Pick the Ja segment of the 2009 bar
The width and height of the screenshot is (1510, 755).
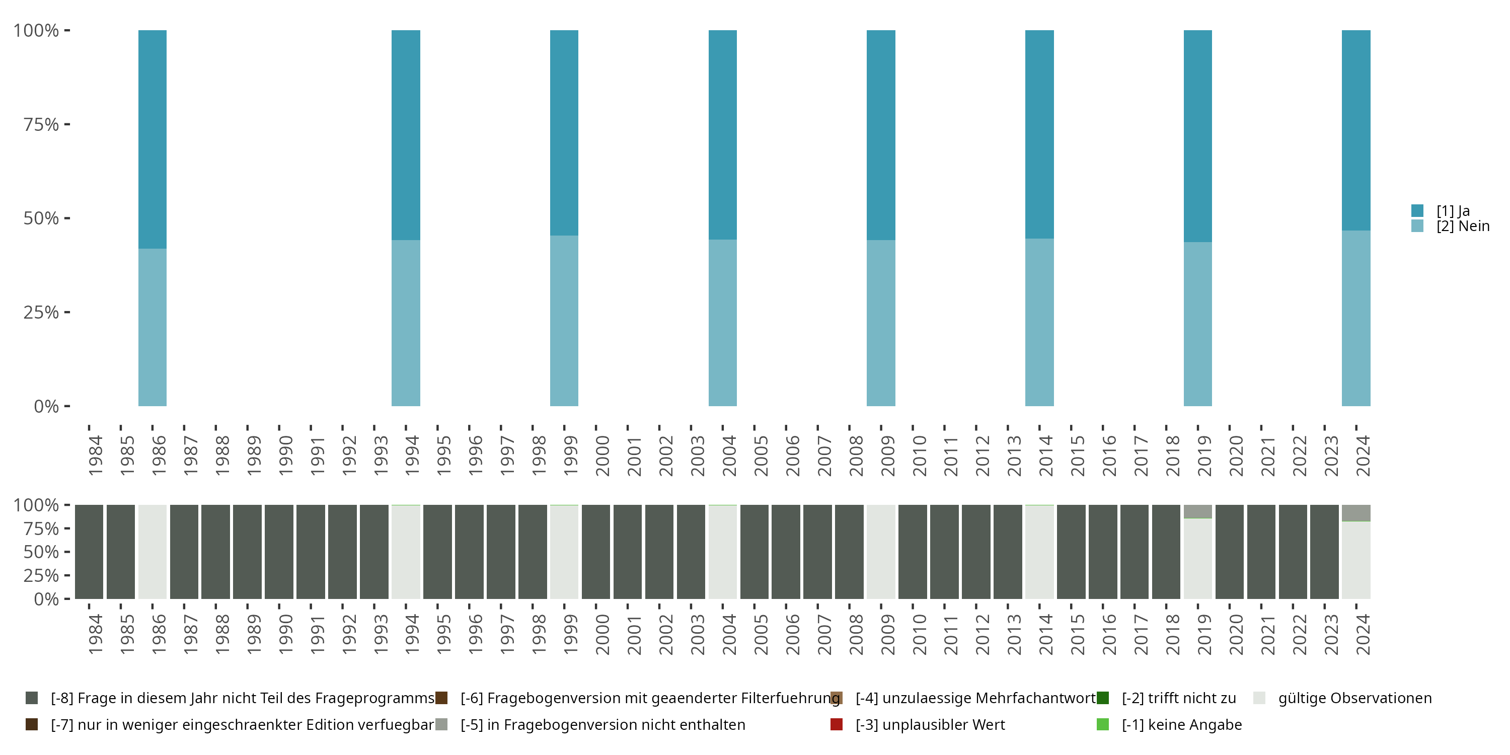pos(880,135)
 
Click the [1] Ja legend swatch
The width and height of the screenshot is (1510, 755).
pos(1417,210)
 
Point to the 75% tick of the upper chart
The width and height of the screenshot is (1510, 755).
pos(67,124)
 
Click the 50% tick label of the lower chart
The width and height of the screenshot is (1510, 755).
pos(41,552)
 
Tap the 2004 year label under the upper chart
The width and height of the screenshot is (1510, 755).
pos(729,456)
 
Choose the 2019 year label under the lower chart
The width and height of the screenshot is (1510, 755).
pos(1204,634)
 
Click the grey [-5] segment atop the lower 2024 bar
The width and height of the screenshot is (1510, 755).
pos(1356,512)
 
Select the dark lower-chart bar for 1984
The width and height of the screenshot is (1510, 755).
pos(89,552)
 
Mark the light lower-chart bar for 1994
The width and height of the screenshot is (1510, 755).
pos(406,552)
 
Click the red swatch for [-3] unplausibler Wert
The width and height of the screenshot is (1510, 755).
pos(837,724)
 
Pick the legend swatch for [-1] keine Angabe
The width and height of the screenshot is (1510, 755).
pos(1103,724)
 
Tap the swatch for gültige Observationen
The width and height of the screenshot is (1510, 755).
pos(1259,698)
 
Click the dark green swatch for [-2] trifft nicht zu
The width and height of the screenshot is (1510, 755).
pos(1103,698)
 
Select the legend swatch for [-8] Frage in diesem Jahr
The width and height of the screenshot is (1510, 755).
pos(32,698)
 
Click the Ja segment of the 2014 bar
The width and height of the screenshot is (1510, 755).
pos(1039,134)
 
